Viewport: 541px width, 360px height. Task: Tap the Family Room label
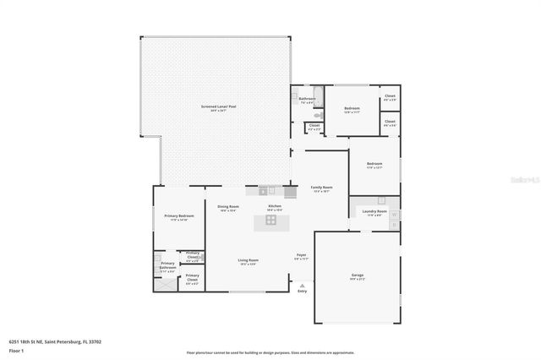tap(321, 188)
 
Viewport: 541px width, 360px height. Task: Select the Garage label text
tap(358, 275)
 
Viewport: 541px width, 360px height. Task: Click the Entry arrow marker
tap(302, 285)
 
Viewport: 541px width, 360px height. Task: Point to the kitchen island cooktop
tap(271, 221)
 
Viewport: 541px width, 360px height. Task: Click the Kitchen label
tap(275, 207)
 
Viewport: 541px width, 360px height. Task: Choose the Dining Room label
tap(228, 207)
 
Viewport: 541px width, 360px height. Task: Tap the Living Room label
tap(247, 261)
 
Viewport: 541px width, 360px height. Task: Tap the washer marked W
tap(394, 215)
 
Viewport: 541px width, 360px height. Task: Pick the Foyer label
tap(301, 255)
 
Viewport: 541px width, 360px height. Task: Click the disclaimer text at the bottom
tap(270, 352)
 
